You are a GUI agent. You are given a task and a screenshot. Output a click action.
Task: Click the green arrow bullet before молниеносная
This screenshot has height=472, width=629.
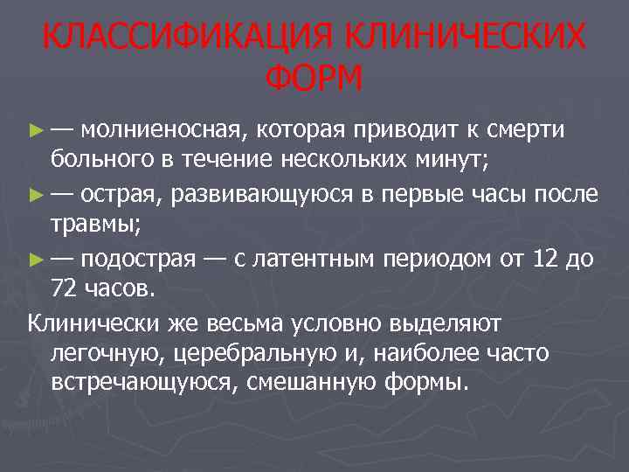click(36, 131)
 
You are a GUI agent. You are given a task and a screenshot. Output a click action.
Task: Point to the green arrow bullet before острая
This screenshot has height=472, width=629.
click(36, 194)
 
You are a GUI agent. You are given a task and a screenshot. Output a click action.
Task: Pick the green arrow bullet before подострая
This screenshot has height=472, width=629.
click(36, 259)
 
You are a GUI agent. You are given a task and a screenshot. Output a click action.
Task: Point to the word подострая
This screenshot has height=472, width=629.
click(136, 259)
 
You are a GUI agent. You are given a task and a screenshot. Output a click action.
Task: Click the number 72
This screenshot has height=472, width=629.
click(64, 289)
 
